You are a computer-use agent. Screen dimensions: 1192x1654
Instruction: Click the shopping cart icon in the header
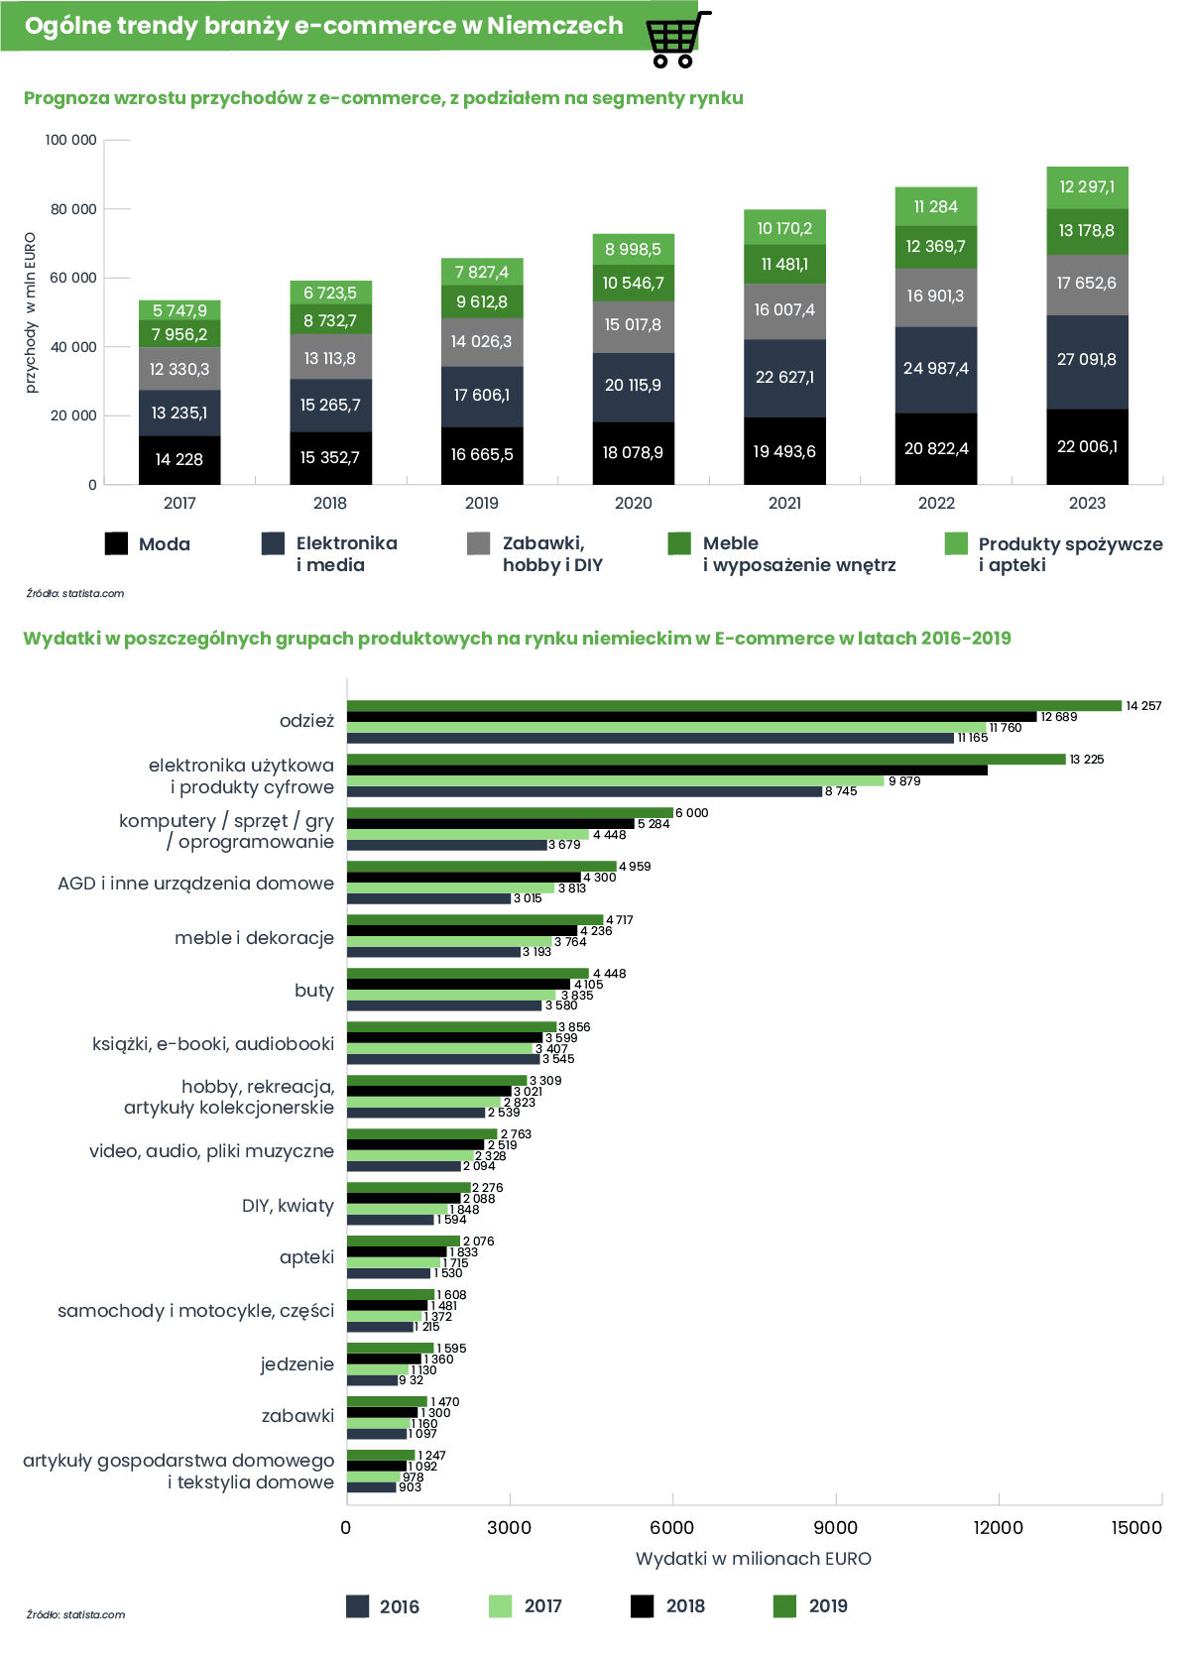click(678, 39)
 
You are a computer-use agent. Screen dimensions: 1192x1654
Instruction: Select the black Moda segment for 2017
click(179, 460)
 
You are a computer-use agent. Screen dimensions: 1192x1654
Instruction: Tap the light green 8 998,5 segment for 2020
click(633, 250)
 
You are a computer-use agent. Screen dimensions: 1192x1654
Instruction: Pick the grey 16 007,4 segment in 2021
click(784, 311)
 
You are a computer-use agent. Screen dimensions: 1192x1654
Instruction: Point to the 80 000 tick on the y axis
click(73, 209)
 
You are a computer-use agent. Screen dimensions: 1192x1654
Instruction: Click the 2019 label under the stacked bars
click(482, 503)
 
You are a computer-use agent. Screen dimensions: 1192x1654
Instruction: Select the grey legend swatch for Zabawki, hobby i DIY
click(479, 543)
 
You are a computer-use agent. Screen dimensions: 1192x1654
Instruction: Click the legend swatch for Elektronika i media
click(274, 543)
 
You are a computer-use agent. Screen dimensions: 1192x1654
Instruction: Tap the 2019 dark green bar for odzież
click(734, 706)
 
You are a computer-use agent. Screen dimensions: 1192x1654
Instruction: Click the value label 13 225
click(1087, 759)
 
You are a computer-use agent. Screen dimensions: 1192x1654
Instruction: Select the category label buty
click(314, 991)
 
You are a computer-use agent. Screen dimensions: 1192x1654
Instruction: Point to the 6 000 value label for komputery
click(692, 813)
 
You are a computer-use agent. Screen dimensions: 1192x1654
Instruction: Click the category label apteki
click(306, 1256)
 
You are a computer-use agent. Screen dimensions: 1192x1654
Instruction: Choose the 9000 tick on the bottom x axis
click(835, 1527)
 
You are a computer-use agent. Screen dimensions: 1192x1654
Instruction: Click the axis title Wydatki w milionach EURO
click(754, 1558)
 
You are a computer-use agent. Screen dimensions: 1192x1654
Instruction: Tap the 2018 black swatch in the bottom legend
click(642, 1606)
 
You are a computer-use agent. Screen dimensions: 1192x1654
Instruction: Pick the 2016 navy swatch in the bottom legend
click(357, 1606)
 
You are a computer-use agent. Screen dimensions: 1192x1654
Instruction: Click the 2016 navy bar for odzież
click(651, 739)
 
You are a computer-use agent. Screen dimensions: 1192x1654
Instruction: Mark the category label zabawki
click(298, 1415)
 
